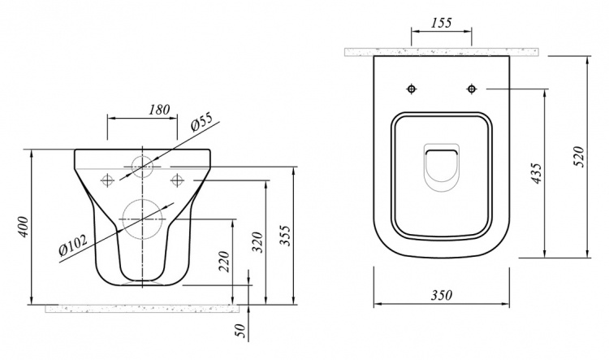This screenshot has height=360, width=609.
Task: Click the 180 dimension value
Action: click(x=159, y=110)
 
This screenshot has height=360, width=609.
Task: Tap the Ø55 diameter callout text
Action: click(x=202, y=124)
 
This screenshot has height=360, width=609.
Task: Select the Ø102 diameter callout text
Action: click(x=73, y=245)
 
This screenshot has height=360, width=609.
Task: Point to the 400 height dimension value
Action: click(x=24, y=227)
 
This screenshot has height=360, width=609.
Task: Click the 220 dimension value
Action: click(x=225, y=261)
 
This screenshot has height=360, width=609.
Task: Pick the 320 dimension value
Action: click(x=258, y=242)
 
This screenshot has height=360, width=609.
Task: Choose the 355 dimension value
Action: click(x=286, y=236)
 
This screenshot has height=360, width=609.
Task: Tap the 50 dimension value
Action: click(x=241, y=331)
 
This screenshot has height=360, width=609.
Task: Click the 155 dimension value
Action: click(x=442, y=23)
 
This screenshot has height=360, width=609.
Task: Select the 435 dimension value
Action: click(x=537, y=173)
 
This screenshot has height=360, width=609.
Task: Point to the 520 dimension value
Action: click(x=579, y=156)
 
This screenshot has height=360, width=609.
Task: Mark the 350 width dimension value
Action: click(x=442, y=296)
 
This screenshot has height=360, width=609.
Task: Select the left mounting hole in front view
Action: click(x=107, y=180)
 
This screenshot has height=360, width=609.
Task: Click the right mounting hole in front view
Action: click(x=177, y=180)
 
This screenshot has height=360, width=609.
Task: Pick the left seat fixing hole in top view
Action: click(x=412, y=89)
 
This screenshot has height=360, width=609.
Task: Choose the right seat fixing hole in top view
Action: click(x=472, y=89)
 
